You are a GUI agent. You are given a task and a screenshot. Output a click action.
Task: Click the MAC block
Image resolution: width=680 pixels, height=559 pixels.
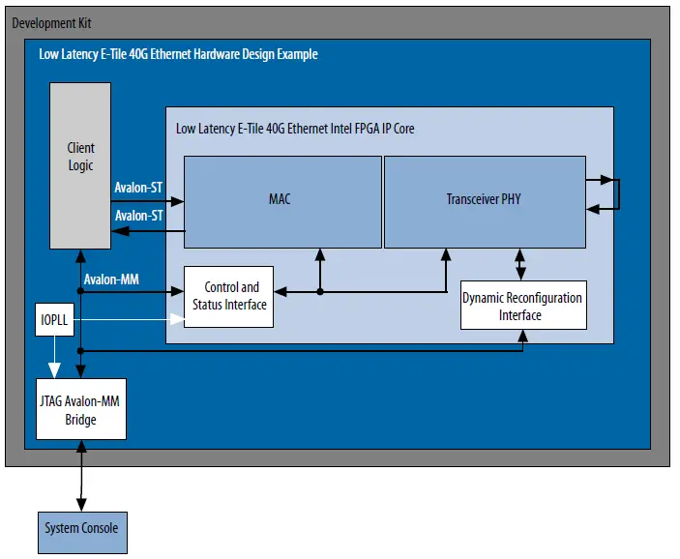point(280,201)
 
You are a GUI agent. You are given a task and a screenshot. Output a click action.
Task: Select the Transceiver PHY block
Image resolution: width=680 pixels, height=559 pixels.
point(485,201)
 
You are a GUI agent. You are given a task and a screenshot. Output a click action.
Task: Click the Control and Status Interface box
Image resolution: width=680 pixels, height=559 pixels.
point(228,296)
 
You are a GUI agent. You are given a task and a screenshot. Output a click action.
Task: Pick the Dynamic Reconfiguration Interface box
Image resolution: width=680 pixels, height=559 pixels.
point(522,306)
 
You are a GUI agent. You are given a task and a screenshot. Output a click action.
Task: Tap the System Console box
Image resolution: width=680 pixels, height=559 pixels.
point(81,528)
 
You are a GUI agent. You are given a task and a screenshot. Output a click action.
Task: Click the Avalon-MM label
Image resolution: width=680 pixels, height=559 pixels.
point(111,280)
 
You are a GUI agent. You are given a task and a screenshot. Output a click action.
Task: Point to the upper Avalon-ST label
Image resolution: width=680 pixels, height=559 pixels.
point(138,187)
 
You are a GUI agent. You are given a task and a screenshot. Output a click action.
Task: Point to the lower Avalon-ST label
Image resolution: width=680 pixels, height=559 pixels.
point(138,216)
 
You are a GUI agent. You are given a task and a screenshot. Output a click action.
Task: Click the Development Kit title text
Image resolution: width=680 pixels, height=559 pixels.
point(52,22)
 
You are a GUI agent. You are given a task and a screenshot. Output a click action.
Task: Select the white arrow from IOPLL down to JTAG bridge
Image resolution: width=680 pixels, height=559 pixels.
point(54,358)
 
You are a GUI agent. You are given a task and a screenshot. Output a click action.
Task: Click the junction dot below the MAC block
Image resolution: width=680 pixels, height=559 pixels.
point(319,290)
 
